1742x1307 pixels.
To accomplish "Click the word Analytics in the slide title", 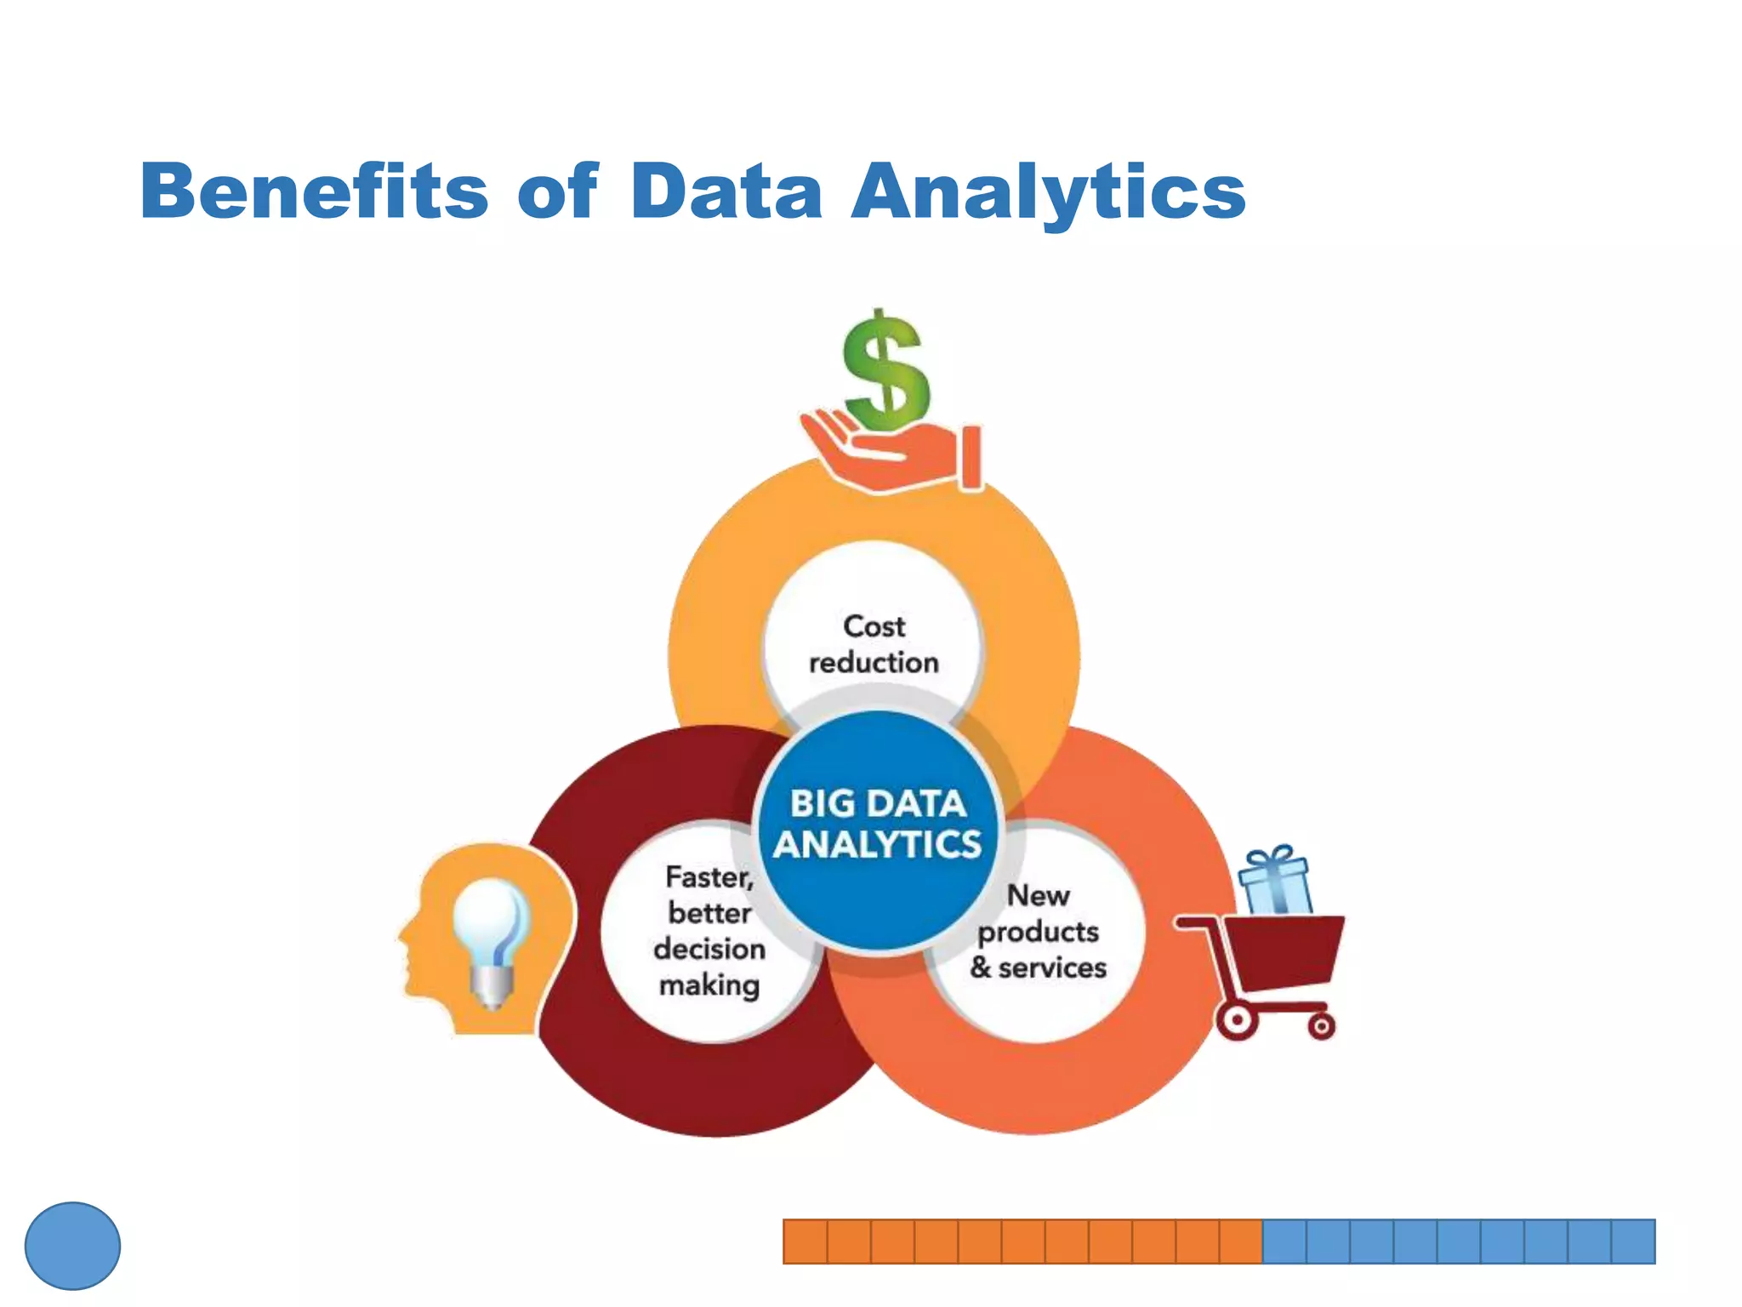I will click(1048, 191).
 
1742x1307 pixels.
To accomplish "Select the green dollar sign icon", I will click(885, 371).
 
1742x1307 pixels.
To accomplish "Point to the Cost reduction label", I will click(874, 644).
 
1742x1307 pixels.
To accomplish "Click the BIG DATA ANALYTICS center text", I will click(878, 824).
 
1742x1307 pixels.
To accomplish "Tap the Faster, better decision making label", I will click(709, 931).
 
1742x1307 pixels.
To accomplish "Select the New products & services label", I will click(1038, 932).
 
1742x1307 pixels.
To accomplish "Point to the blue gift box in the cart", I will click(1274, 882).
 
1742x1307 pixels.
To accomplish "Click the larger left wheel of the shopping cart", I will click(1237, 1020).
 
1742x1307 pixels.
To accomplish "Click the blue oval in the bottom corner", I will click(72, 1246).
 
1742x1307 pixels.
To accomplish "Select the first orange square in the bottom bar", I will click(805, 1241).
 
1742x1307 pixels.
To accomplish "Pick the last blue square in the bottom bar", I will click(1633, 1241).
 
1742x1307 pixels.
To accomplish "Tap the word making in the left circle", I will click(709, 985).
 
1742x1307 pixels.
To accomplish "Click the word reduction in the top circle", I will click(874, 663).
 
